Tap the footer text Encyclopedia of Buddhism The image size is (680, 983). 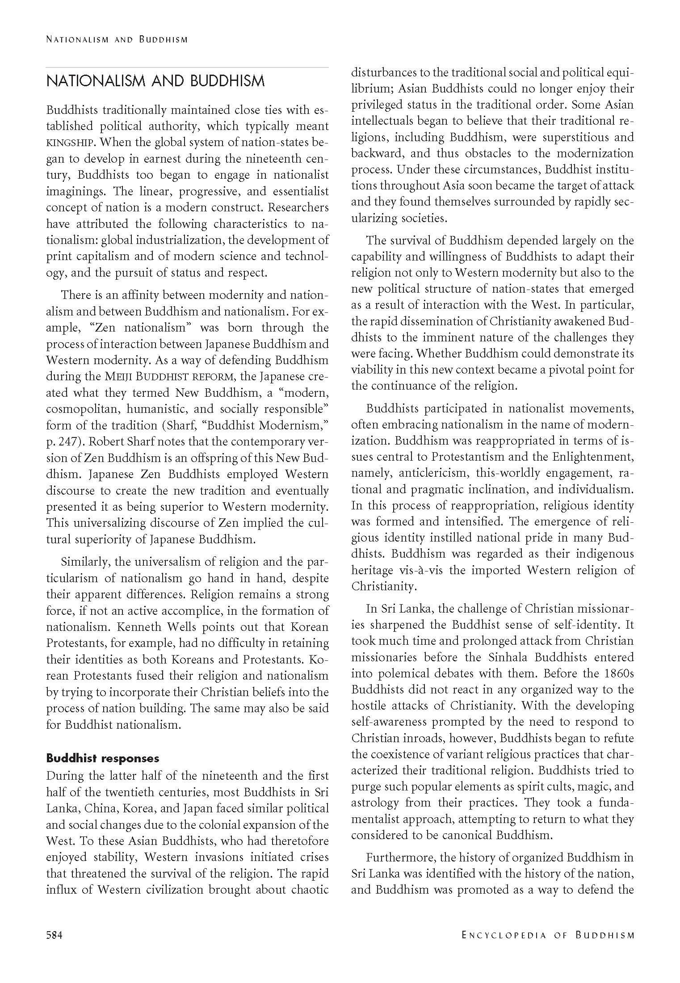coord(548,934)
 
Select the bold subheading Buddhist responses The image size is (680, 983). coord(103,758)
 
